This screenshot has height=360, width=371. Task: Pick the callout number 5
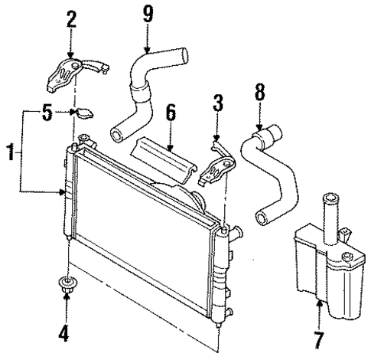(47, 113)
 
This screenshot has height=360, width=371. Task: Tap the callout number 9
(147, 13)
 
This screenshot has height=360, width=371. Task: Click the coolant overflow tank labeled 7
(321, 268)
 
